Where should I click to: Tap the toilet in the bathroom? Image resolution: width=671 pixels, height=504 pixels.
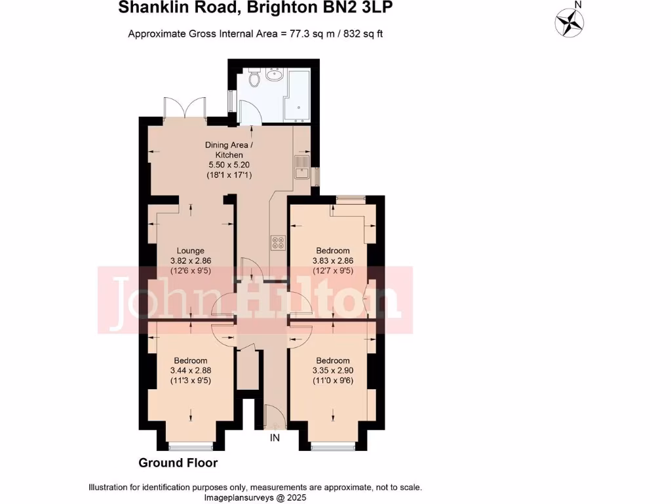(256, 78)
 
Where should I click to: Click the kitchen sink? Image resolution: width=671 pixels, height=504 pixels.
(302, 167)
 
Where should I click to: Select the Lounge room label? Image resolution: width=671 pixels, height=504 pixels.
(191, 251)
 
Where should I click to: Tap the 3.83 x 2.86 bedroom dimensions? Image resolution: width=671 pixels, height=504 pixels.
(333, 260)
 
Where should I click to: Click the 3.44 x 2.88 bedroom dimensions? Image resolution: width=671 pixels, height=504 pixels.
(191, 370)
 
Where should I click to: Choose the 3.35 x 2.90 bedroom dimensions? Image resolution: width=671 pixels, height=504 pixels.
(333, 370)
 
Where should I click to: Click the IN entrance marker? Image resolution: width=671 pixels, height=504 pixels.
(275, 438)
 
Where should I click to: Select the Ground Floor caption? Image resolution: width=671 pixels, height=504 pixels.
(178, 463)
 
